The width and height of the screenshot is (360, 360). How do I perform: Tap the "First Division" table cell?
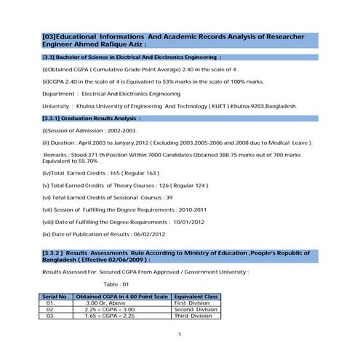point(192,303)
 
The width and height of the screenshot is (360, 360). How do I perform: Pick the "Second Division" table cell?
point(194,310)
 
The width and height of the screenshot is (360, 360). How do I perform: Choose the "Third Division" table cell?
point(192,316)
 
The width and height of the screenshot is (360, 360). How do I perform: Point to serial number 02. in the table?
point(50,310)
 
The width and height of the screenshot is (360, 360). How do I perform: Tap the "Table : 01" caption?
point(115,284)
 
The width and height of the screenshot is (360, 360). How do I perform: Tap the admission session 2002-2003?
point(119,130)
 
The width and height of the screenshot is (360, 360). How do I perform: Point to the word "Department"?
point(60,94)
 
